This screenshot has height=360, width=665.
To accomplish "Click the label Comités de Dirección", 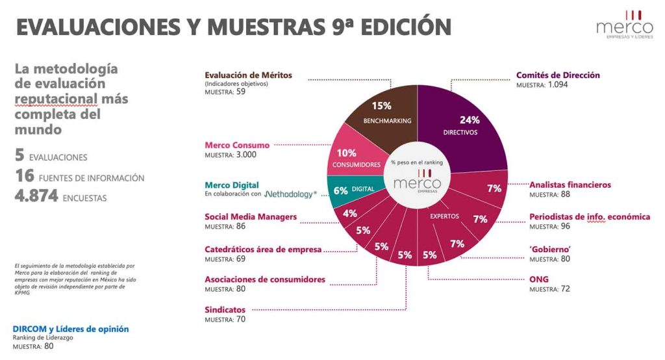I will (x=558, y=75).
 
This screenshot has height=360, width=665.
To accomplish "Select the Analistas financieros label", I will (x=570, y=185).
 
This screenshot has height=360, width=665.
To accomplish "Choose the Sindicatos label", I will (x=225, y=310).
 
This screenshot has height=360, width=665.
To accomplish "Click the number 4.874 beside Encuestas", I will (x=36, y=195).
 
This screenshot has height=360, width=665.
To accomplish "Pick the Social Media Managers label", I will (x=250, y=216).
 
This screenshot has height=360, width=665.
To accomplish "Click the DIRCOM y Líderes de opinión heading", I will (x=71, y=329).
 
